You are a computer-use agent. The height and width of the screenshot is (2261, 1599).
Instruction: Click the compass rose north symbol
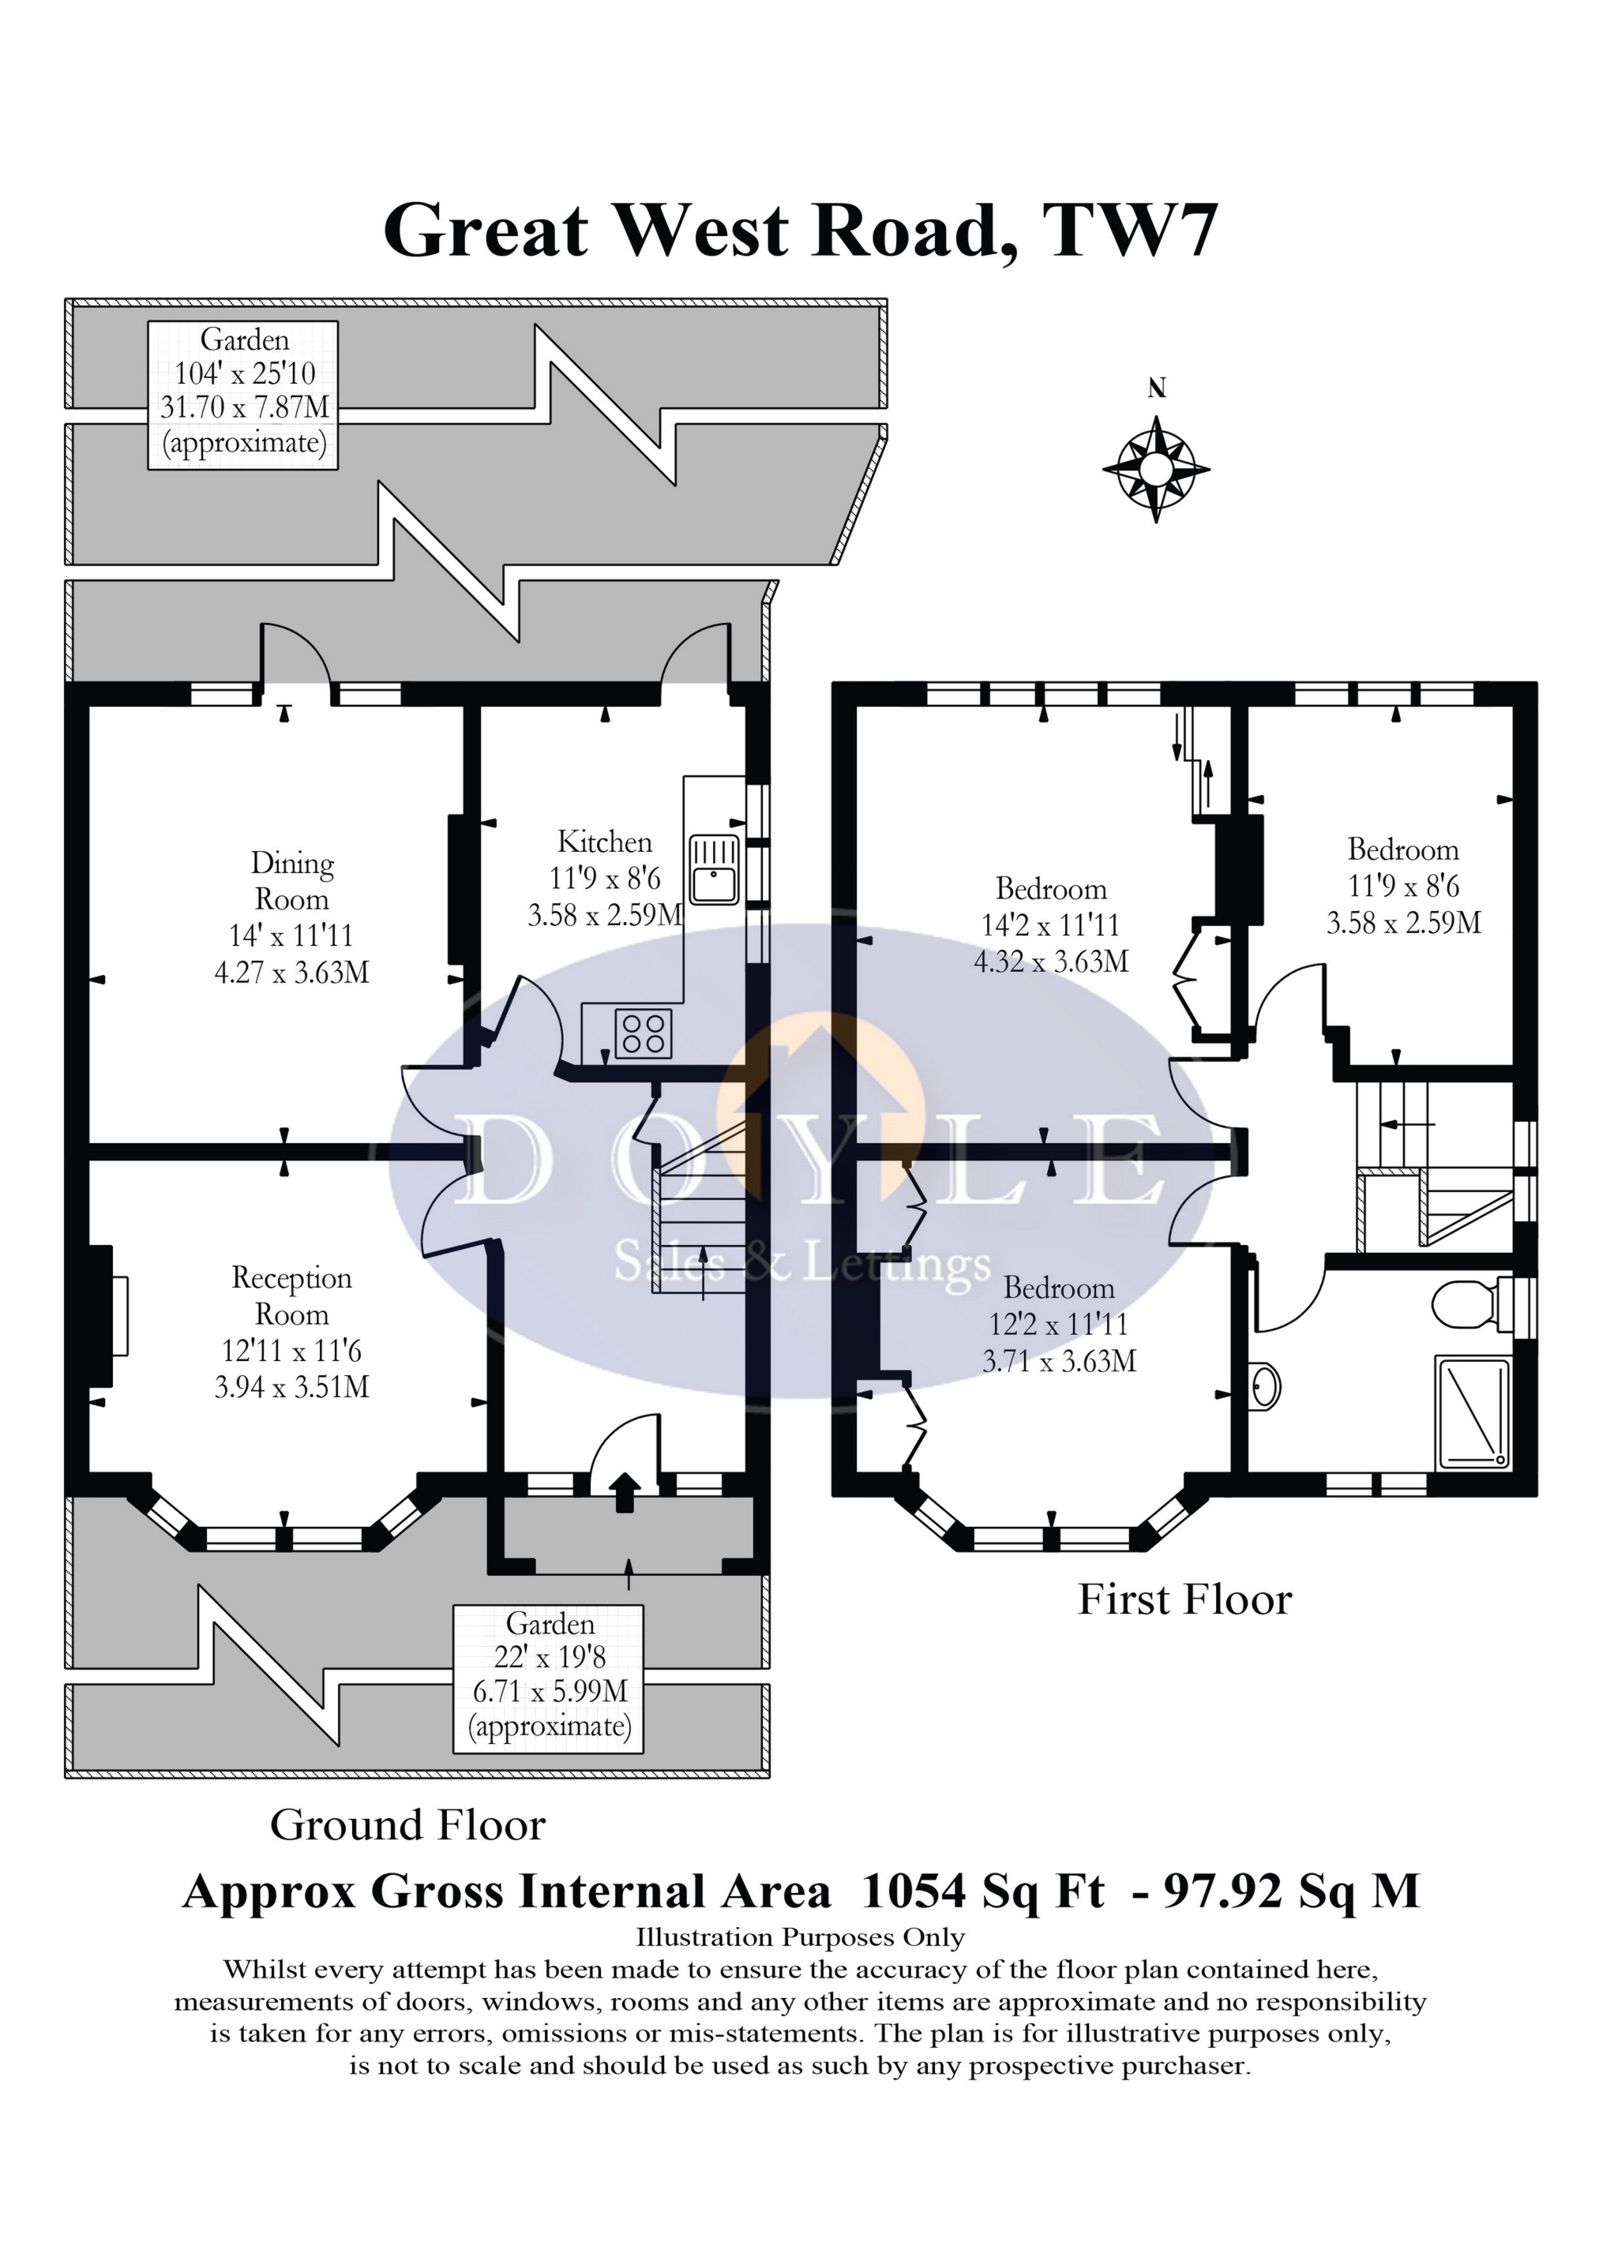click(1156, 469)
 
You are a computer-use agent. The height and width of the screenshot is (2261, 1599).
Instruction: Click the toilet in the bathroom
click(1472, 1305)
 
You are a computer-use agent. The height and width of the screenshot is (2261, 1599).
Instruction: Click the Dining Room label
click(291, 881)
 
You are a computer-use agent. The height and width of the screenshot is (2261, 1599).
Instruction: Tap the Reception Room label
click(291, 1296)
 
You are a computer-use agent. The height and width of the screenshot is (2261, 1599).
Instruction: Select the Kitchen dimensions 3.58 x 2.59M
click(605, 915)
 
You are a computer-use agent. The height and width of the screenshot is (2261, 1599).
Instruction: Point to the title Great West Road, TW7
click(800, 231)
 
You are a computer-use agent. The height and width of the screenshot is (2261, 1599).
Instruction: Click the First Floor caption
click(1184, 1599)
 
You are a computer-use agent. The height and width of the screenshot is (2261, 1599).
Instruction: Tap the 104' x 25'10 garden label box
click(243, 394)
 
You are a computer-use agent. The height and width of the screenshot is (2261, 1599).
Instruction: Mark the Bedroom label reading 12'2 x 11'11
click(1059, 1325)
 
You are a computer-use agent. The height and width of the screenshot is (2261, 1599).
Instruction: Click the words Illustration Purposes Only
click(800, 1938)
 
